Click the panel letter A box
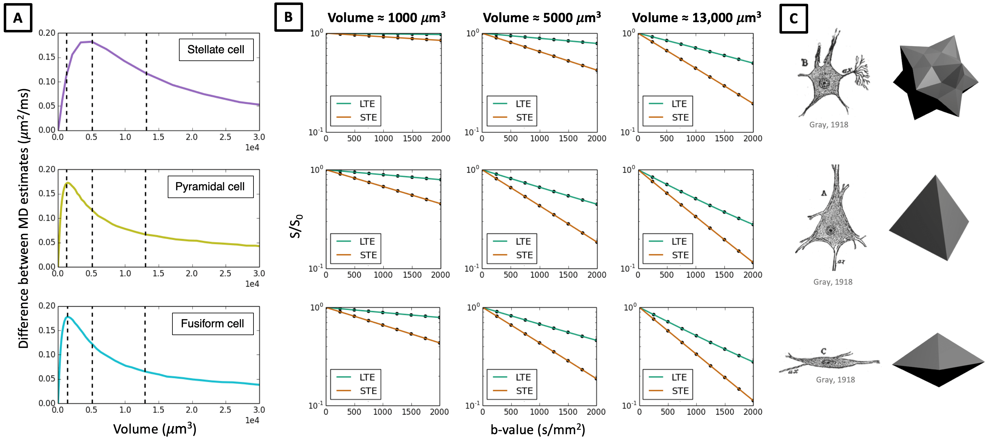pyautogui.click(x=18, y=18)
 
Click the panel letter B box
pyautogui.click(x=288, y=17)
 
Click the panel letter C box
pyautogui.click(x=793, y=19)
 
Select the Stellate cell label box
pyautogui.click(x=216, y=50)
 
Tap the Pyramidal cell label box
pyautogui.click(x=210, y=187)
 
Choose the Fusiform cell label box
pyautogui.click(x=212, y=324)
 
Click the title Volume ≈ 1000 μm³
pyautogui.click(x=386, y=18)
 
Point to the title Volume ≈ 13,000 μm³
pyautogui.click(x=696, y=18)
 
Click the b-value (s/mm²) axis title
pyautogui.click(x=538, y=429)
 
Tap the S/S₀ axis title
pyautogui.click(x=296, y=226)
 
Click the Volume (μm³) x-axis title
pyautogui.click(x=155, y=429)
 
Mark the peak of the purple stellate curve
pyautogui.click(x=91, y=41)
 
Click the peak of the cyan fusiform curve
pyautogui.click(x=68, y=317)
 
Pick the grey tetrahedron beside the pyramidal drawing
pyautogui.click(x=929, y=219)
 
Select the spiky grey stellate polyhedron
pyautogui.click(x=935, y=77)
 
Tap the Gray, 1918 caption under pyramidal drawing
pyautogui.click(x=832, y=282)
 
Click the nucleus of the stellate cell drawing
pyautogui.click(x=824, y=83)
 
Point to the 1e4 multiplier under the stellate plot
pyautogui.click(x=252, y=148)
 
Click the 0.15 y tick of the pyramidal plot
pyautogui.click(x=47, y=194)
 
